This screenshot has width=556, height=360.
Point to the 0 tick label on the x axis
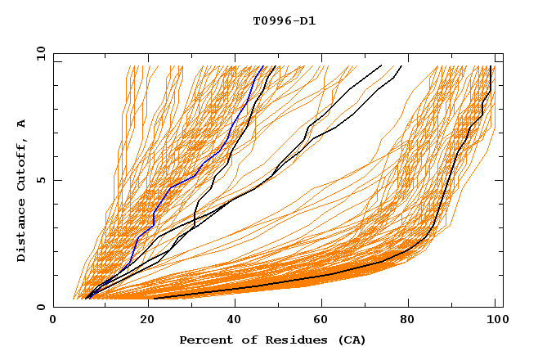tap(53, 321)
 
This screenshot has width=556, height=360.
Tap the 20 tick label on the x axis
tap(142, 321)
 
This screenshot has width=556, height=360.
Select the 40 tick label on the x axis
tap(231, 321)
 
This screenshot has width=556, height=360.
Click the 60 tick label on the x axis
tap(321, 321)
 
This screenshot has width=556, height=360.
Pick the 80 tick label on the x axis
tap(410, 321)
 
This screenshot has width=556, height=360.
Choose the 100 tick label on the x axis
tap(495, 321)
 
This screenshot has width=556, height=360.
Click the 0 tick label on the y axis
tap(40, 307)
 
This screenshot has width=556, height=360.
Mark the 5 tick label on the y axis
tap(40, 180)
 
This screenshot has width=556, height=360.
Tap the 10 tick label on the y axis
tap(38, 52)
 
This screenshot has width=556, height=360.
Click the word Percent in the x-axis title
tap(202, 340)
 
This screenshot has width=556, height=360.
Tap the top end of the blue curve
tap(262, 66)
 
